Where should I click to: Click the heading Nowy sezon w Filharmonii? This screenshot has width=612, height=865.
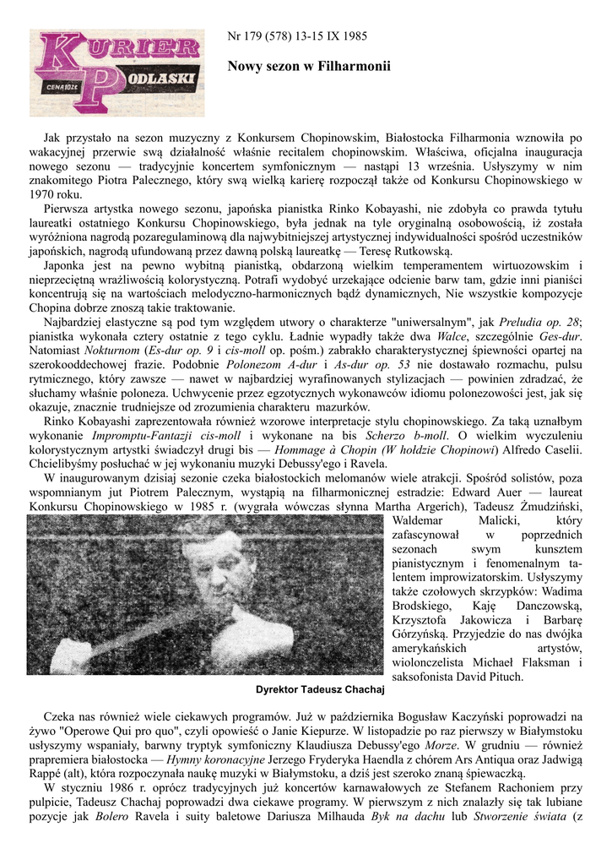pos(310,64)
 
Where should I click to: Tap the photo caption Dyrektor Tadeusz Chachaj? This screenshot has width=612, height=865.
pos(319,689)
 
